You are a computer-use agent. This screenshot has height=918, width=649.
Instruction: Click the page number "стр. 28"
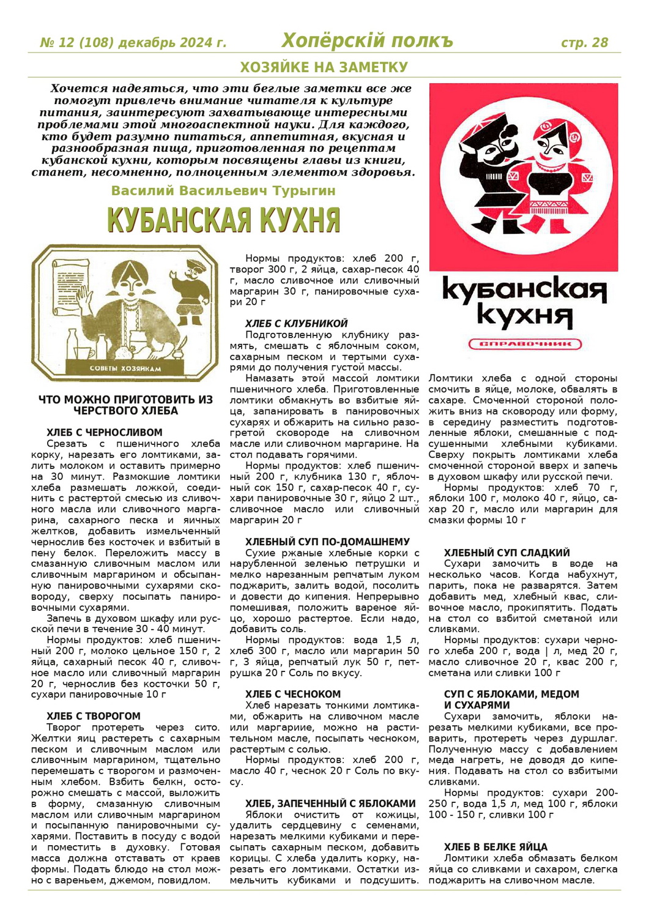point(584,43)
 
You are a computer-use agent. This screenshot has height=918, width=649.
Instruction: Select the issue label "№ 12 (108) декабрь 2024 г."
point(133,43)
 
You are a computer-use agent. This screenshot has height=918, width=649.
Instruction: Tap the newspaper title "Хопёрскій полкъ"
point(367,41)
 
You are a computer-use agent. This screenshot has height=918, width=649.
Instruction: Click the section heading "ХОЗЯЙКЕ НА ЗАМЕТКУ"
point(324,67)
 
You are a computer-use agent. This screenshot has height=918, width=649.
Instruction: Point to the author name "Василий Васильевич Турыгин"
point(223,191)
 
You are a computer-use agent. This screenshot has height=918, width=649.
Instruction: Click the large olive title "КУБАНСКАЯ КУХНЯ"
point(223,220)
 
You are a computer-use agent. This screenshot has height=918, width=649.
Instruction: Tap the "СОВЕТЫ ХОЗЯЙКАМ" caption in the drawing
point(125,368)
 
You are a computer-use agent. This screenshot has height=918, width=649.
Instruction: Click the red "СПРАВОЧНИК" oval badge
point(525,344)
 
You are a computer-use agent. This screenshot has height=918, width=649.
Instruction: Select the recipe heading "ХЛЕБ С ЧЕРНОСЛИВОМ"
point(105,433)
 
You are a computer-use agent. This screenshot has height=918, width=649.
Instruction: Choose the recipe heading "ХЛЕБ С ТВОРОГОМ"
point(94,716)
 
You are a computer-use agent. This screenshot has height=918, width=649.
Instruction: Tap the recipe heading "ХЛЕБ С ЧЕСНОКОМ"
point(293,694)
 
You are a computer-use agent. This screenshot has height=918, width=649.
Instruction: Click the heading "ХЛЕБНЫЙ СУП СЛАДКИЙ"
point(507,553)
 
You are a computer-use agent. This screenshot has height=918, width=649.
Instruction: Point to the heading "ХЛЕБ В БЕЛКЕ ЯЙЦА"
point(496,848)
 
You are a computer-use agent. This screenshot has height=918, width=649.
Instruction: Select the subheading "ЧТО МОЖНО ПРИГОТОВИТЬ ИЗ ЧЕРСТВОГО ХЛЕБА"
point(125,405)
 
